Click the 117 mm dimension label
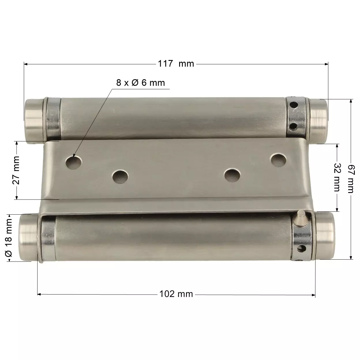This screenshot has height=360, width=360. (x=176, y=63)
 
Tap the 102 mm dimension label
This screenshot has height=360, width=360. (x=176, y=294)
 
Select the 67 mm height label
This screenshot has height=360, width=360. (x=351, y=179)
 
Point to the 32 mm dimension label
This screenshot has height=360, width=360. (x=337, y=177)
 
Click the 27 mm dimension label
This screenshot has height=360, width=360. (x=16, y=170)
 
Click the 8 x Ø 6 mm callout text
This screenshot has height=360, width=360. (x=140, y=83)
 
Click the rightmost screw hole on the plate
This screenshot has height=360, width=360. (x=278, y=160)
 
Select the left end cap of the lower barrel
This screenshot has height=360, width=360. (x=28, y=237)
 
